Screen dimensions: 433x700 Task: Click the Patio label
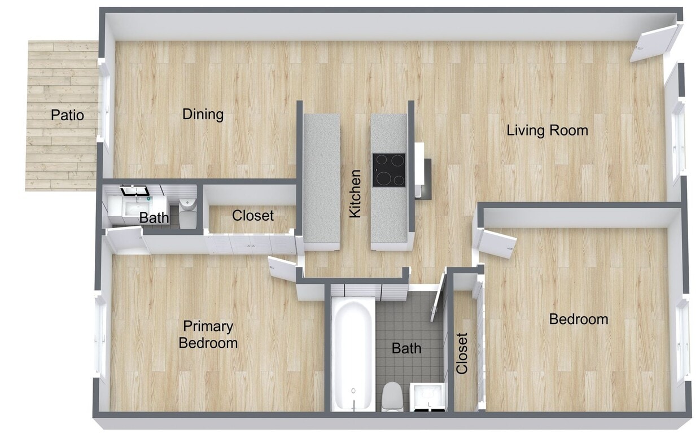point(67,115)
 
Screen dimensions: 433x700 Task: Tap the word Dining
point(203,114)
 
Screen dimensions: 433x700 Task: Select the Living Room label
point(547,130)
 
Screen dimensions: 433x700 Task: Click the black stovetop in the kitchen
point(388,170)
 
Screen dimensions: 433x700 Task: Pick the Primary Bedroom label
point(208,334)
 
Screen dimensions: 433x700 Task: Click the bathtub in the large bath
point(352,355)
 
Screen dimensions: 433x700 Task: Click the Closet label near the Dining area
point(253,215)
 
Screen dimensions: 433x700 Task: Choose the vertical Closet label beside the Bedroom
point(462,353)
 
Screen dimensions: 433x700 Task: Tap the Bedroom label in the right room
point(579,319)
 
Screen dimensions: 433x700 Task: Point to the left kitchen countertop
point(322,181)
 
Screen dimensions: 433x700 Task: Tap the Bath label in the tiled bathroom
point(406,348)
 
